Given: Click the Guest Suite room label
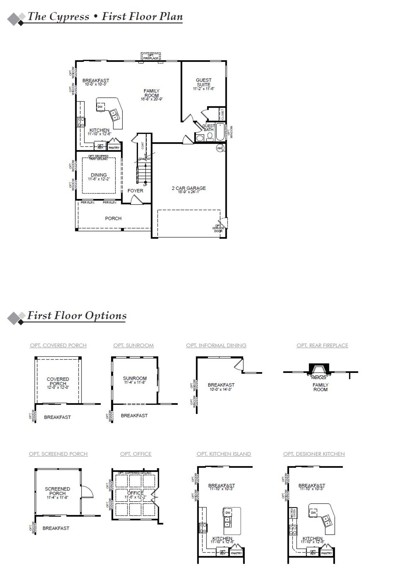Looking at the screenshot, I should [203, 83].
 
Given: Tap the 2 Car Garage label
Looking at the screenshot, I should [189, 188].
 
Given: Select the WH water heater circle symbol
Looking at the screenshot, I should [220, 148].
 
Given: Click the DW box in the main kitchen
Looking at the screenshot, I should [100, 107].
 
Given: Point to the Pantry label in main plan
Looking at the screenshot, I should [114, 148].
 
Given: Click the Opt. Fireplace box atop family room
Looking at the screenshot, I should [151, 57].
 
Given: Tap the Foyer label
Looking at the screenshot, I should [135, 191].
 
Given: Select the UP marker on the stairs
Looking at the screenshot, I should [145, 185].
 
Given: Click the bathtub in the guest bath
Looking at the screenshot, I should [220, 132].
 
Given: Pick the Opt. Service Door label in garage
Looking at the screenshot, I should [218, 228].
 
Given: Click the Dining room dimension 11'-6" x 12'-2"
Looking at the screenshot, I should [99, 179].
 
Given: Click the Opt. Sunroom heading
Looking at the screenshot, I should [133, 345].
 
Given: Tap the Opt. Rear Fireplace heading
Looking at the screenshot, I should [322, 345].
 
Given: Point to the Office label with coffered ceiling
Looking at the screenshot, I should [135, 493].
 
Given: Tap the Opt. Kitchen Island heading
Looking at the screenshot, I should [224, 454].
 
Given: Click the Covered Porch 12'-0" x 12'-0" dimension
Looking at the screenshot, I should [58, 388].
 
